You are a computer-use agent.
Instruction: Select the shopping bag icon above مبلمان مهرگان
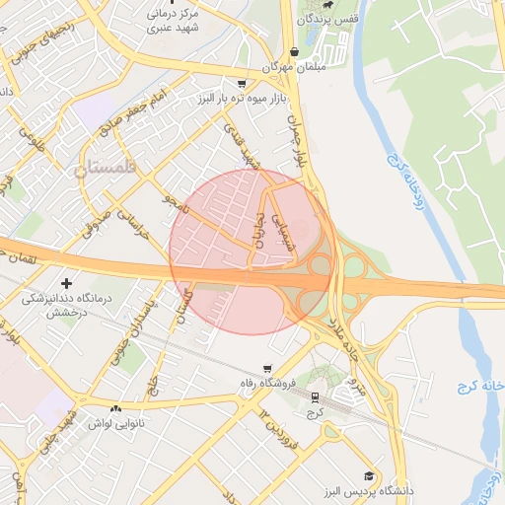[294, 51]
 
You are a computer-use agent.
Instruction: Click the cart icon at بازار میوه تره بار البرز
[243, 85]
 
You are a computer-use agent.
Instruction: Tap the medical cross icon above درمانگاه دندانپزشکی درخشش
[67, 283]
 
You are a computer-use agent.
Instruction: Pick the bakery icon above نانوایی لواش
[116, 407]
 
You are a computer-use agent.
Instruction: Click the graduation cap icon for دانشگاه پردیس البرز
[369, 475]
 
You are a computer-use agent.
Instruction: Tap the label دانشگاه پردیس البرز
[366, 490]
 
